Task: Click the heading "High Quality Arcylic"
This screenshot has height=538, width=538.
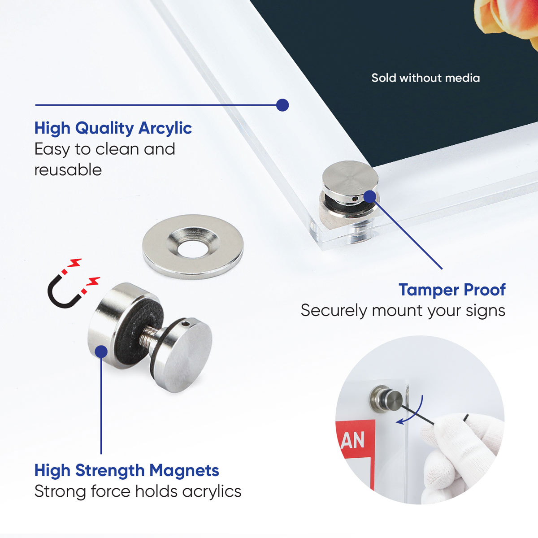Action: click(x=113, y=129)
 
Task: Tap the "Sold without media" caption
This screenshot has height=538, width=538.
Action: click(x=425, y=78)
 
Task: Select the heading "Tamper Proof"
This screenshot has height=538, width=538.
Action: click(x=452, y=290)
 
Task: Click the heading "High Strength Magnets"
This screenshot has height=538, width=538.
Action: click(x=127, y=470)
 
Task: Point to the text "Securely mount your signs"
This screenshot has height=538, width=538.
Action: click(x=403, y=311)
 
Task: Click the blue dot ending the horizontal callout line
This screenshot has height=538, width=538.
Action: click(x=282, y=105)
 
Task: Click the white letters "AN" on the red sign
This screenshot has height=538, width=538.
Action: click(x=353, y=440)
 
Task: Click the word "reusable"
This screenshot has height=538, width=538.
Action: click(x=68, y=170)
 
